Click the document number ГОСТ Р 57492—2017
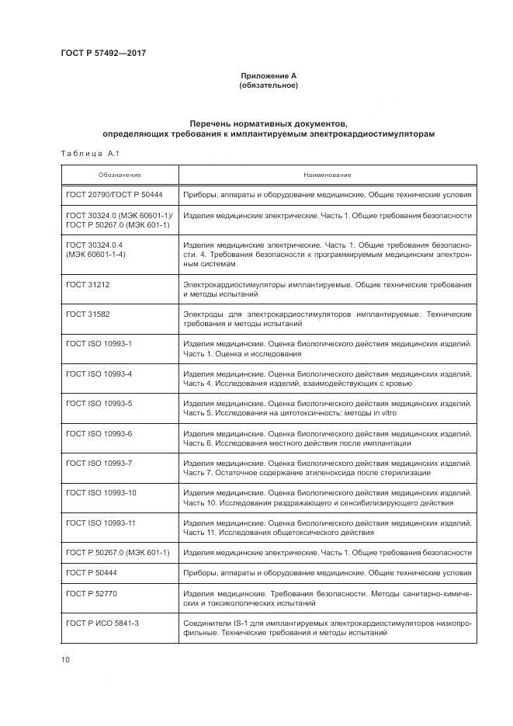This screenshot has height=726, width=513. tap(102, 53)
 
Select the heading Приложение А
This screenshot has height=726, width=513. tap(268, 75)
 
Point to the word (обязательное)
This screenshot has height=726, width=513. tap(268, 85)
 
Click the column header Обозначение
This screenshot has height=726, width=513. tap(120, 175)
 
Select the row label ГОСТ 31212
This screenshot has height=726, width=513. tap(88, 285)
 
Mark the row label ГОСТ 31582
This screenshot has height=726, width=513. tap(88, 314)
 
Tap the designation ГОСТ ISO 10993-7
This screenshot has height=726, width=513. tap(99, 464)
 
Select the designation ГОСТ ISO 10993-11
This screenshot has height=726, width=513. tap(102, 523)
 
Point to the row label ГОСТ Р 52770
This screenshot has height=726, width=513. tap(91, 593)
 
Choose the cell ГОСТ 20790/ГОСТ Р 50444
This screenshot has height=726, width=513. tap(109, 195)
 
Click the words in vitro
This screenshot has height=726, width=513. tap(384, 414)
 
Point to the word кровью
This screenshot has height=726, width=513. tap(396, 384)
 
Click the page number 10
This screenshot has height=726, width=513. tap(64, 660)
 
